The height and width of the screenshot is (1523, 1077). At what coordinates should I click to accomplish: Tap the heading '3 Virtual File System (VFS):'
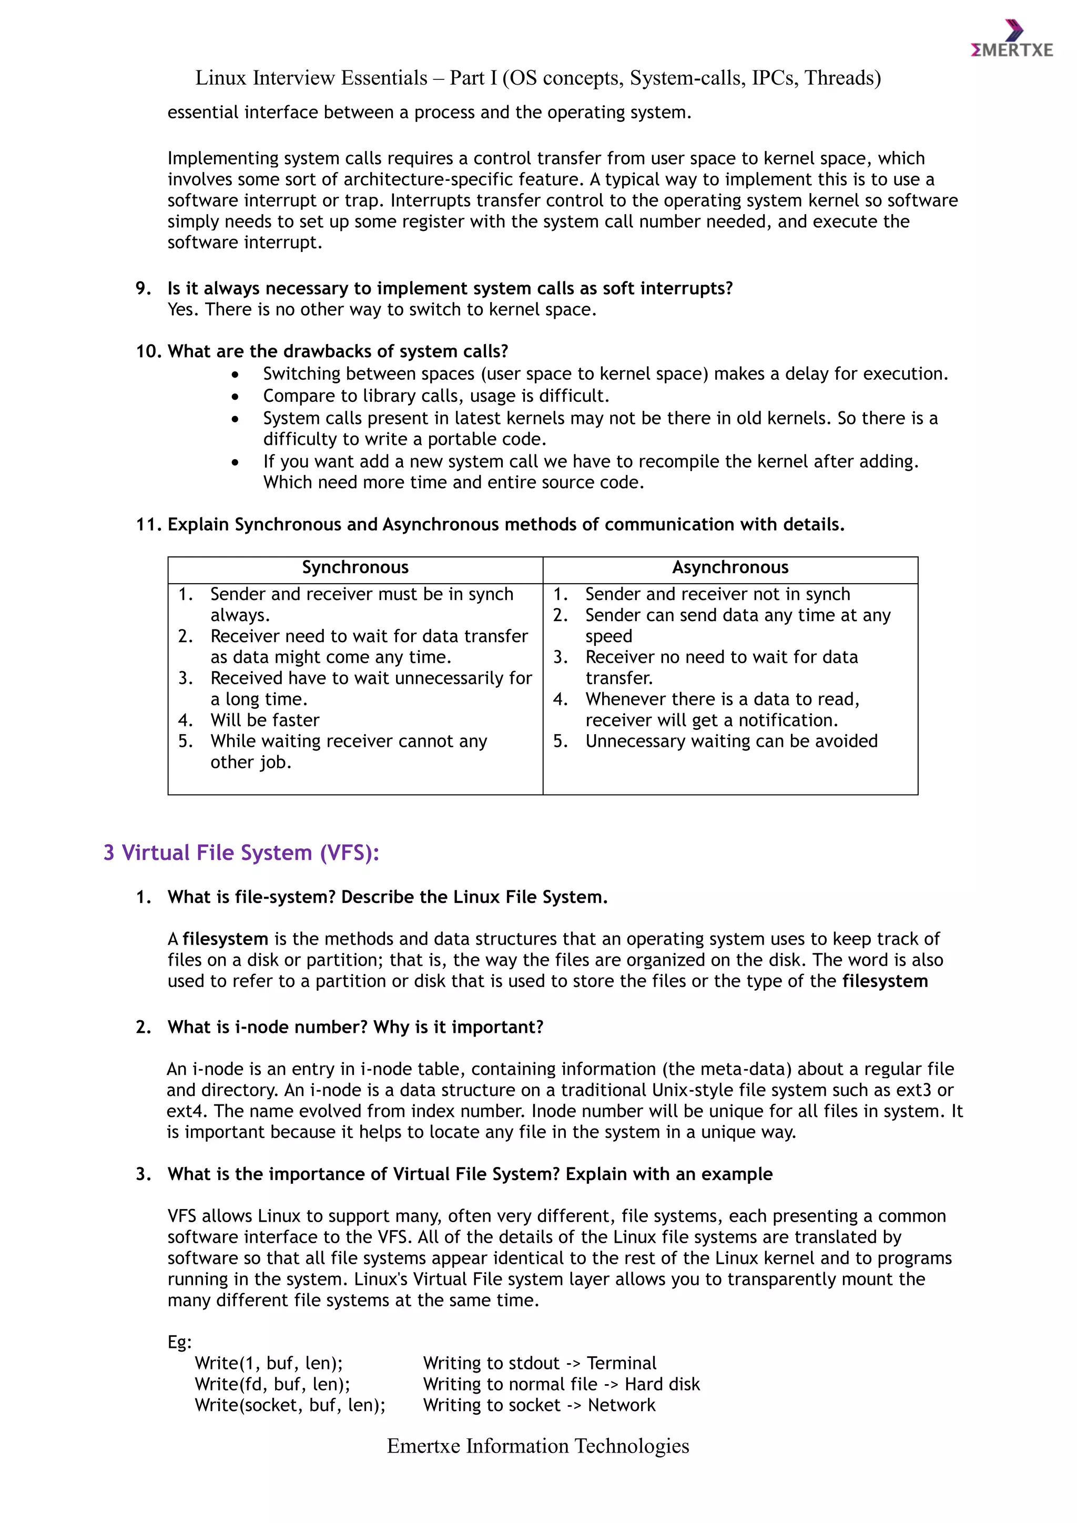(241, 852)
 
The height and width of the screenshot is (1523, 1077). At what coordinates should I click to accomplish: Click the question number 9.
(143, 289)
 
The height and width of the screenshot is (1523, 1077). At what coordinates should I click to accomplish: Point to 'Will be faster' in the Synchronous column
(265, 720)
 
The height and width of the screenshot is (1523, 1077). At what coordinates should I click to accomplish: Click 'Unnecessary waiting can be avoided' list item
(731, 742)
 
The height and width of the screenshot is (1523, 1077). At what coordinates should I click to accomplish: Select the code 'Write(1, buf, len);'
(269, 1363)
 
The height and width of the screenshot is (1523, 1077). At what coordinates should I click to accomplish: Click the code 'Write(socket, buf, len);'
(290, 1406)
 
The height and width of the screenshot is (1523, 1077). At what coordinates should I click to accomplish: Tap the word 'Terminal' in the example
(622, 1363)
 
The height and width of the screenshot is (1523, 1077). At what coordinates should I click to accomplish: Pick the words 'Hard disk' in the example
(662, 1384)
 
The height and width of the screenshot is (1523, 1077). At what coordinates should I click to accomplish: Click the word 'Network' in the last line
(622, 1406)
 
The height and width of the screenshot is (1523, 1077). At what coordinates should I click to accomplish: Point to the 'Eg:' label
(179, 1343)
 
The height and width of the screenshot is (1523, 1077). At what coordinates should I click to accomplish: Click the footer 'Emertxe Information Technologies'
(538, 1446)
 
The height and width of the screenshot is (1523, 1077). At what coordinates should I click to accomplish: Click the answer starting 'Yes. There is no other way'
(382, 310)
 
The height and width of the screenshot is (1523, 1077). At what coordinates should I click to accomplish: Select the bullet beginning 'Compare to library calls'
(436, 396)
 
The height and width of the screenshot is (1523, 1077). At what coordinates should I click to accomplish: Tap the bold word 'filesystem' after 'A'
(225, 939)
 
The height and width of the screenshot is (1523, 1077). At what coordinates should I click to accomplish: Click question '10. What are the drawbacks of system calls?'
(322, 352)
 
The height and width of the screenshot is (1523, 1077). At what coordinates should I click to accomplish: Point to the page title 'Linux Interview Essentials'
(312, 78)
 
